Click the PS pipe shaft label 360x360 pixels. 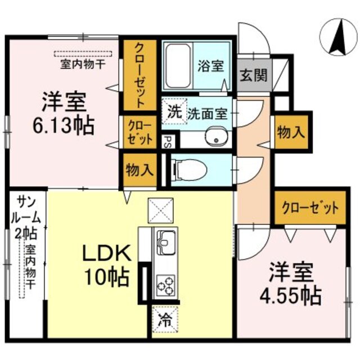[x=166, y=142]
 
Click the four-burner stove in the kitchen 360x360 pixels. [x=166, y=285]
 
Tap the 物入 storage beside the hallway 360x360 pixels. [x=291, y=133]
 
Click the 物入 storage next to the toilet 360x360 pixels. [x=139, y=170]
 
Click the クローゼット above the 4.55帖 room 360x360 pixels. [x=310, y=209]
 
